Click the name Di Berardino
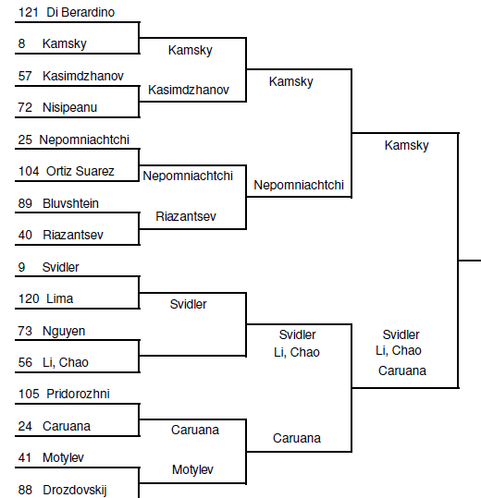click(x=80, y=12)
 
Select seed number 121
click(x=29, y=12)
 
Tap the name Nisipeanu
click(x=69, y=107)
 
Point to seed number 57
click(x=25, y=76)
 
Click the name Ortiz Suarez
click(x=80, y=171)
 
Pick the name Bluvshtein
click(x=70, y=203)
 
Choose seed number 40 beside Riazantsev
click(x=25, y=235)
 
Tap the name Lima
click(x=60, y=298)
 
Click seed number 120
click(x=29, y=298)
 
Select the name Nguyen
click(x=64, y=332)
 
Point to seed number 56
click(x=25, y=362)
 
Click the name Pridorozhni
click(x=78, y=394)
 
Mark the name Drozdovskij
click(x=75, y=490)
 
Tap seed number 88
click(x=25, y=490)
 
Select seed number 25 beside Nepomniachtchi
click(x=25, y=140)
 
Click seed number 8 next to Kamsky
click(x=21, y=43)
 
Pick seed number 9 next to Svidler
click(x=21, y=267)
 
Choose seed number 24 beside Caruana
click(x=25, y=426)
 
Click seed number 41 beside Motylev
click(x=25, y=457)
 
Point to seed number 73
click(x=25, y=331)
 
